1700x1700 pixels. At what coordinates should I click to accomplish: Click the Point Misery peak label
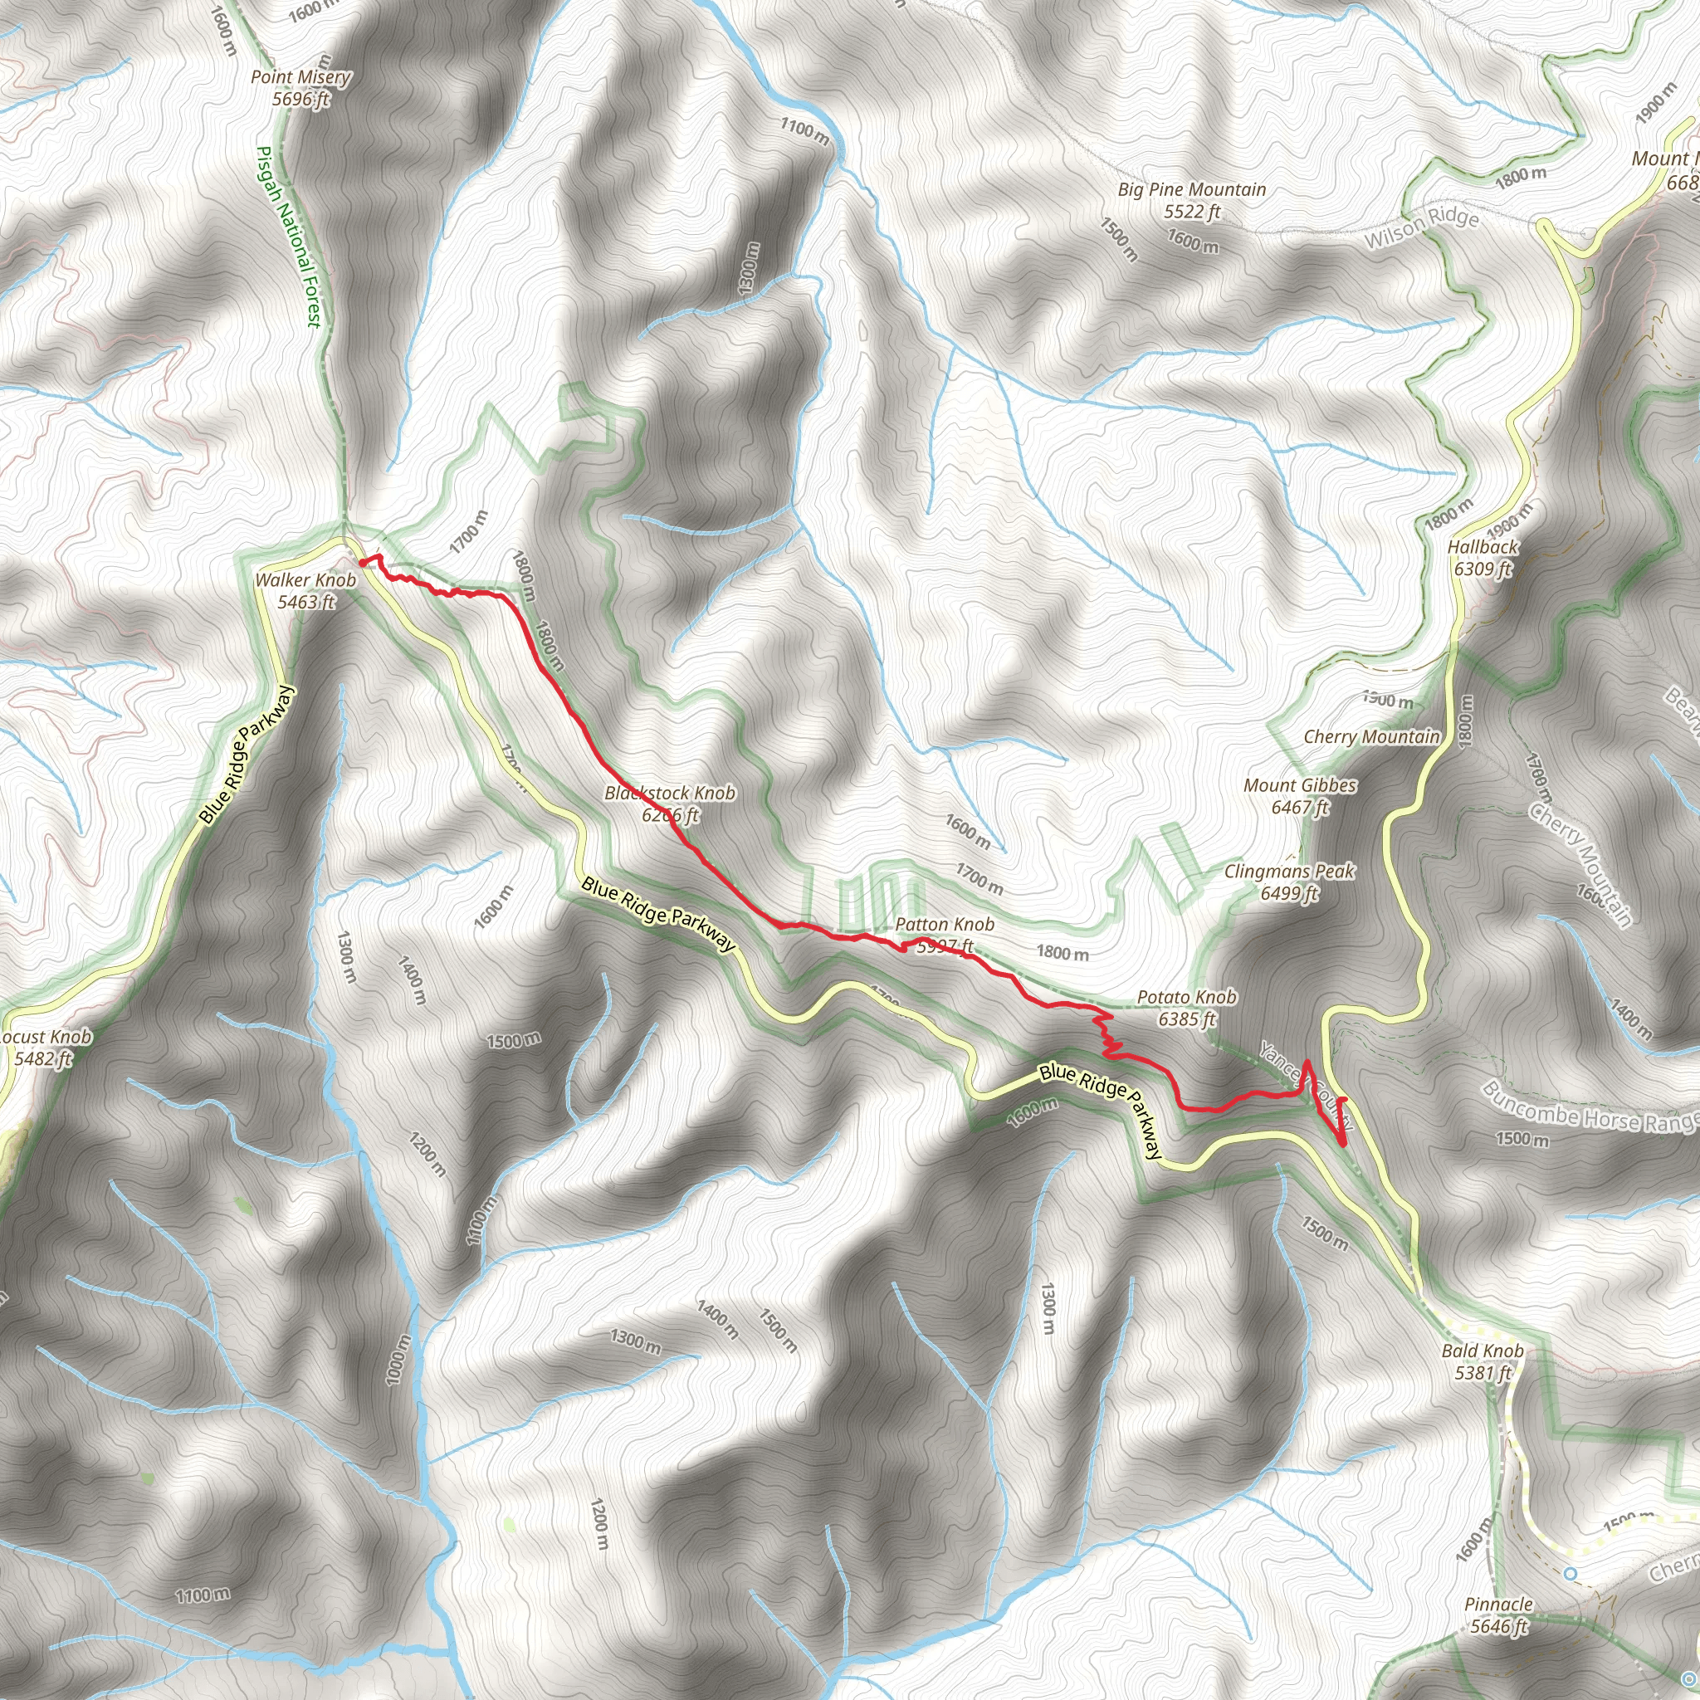tap(301, 77)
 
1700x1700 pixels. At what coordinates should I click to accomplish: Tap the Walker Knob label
tap(305, 580)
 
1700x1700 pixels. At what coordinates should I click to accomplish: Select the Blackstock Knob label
tap(670, 793)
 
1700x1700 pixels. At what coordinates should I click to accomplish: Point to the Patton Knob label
tap(944, 925)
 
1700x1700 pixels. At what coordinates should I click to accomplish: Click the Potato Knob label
tap(1186, 997)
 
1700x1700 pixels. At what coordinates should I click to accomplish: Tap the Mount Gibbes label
tap(1300, 785)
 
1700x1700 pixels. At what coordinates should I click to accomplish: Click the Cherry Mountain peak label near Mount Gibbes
tap(1372, 736)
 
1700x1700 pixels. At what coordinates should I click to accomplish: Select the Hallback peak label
tap(1483, 546)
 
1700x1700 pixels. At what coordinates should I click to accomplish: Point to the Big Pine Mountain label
tap(1192, 189)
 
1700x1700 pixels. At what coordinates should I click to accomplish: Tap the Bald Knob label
tap(1483, 1351)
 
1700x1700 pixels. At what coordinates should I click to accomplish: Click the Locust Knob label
tap(46, 1037)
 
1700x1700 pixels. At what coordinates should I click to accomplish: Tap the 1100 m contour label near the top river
tap(804, 131)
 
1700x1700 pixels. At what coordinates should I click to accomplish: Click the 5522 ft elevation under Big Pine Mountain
tap(1192, 211)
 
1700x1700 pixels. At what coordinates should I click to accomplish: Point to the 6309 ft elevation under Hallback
tap(1483, 569)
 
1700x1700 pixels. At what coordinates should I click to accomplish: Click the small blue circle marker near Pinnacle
tap(1571, 1572)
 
